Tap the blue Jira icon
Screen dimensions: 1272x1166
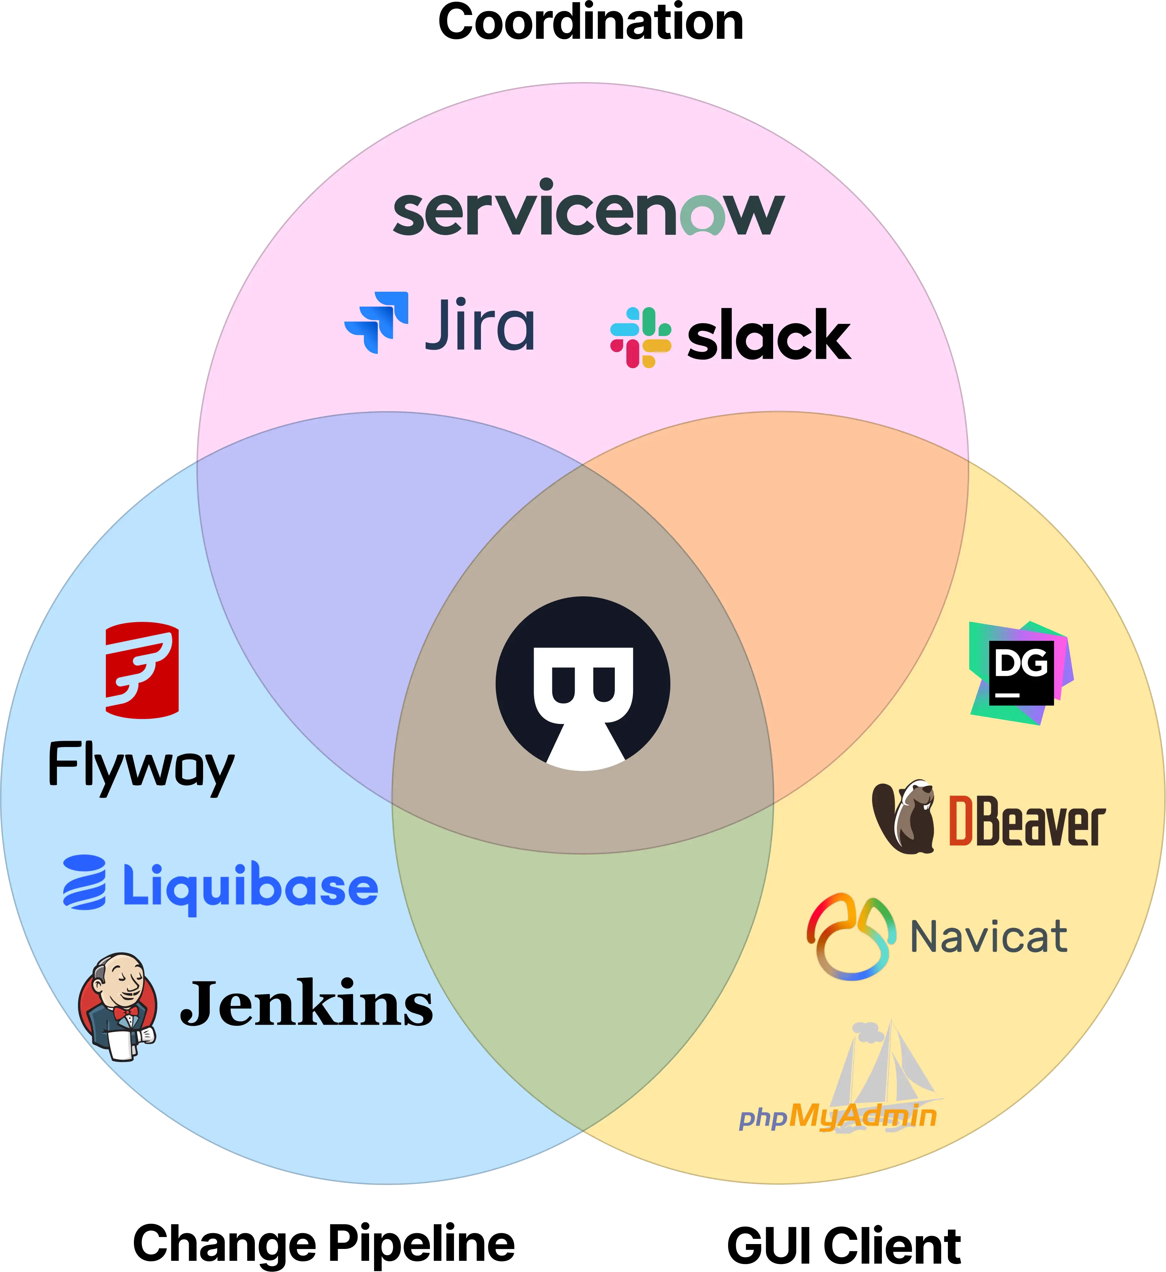377,322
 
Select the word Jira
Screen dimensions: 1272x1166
480,325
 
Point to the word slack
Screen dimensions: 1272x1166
769,336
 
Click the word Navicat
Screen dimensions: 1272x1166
988,937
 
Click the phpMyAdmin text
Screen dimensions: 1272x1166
838,1115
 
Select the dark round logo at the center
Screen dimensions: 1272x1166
583,683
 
